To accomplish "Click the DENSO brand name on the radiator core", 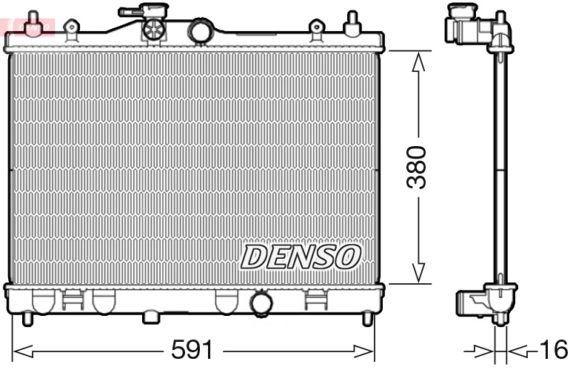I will click(x=301, y=257).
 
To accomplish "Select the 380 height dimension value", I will click(x=418, y=168).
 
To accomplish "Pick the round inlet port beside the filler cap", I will click(x=200, y=31).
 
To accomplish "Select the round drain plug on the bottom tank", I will click(x=261, y=304).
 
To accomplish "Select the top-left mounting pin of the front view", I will click(x=32, y=23).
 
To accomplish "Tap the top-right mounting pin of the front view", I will click(x=353, y=23).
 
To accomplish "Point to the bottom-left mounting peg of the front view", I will click(x=27, y=318).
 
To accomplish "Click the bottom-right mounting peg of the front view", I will click(x=367, y=318).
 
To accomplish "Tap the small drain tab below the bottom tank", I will click(x=151, y=317).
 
